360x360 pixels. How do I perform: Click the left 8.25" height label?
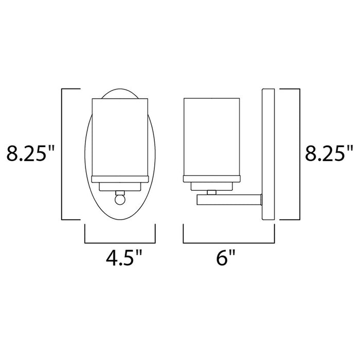tap(30, 154)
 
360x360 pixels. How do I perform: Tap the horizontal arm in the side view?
tap(229, 199)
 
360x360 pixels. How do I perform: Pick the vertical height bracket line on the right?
tap(299, 154)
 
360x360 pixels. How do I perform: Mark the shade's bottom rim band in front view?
tap(120, 179)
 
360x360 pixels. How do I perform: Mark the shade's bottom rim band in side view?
tap(211, 179)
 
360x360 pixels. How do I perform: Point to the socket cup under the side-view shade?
tap(211, 186)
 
